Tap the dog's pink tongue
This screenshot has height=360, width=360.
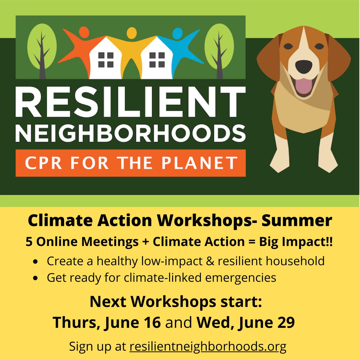pyautogui.click(x=303, y=85)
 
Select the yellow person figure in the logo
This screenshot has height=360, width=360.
pyautogui.click(x=131, y=45)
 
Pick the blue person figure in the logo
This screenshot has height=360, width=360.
pyautogui.click(x=180, y=45)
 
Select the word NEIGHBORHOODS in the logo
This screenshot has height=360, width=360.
pyautogui.click(x=130, y=133)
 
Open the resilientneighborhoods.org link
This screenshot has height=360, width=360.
pyautogui.click(x=208, y=346)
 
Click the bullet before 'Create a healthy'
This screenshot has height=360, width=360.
pyautogui.click(x=36, y=262)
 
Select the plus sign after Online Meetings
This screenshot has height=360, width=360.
pyautogui.click(x=146, y=242)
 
